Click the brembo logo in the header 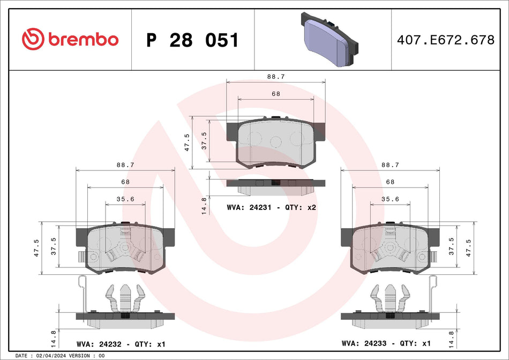(70, 39)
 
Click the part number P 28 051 (192, 40)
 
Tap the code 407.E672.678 (445, 40)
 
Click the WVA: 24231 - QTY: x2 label (272, 207)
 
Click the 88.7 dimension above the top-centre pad (276, 77)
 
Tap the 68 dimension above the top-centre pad (276, 94)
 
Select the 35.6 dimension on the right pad (390, 199)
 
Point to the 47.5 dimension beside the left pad (36, 249)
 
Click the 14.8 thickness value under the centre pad (204, 206)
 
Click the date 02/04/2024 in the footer (54, 356)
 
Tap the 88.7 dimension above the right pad (390, 166)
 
